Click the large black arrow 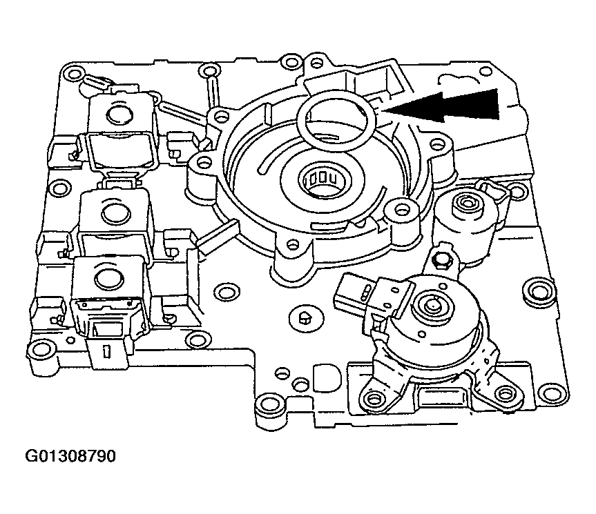(449, 107)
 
